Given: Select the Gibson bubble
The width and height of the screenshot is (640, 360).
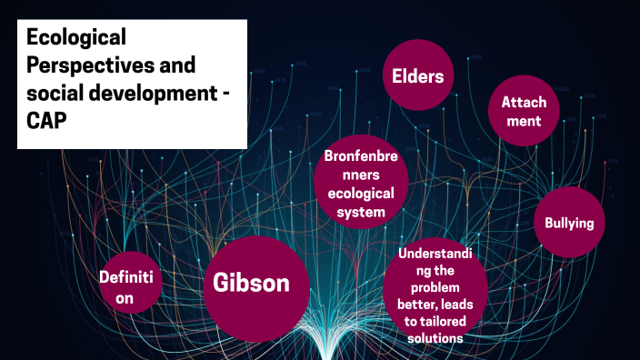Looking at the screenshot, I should tap(251, 283).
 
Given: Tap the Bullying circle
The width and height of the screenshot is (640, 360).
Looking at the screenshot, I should tap(569, 223).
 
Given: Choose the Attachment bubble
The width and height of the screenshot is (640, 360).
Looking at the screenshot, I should tap(524, 111).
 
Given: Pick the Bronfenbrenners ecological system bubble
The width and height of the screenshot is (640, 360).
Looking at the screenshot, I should tap(361, 185).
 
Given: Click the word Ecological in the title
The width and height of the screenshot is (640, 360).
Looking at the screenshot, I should tap(76, 38).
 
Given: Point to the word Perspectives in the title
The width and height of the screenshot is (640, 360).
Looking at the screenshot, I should tap(91, 67).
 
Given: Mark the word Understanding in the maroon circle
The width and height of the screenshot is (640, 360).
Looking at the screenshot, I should tap(436, 253).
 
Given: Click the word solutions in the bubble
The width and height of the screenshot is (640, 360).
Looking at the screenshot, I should tap(436, 337).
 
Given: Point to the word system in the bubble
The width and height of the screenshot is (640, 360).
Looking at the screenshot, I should tap(361, 213).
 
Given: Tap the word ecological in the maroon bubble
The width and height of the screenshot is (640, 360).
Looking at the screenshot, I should tap(361, 194).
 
